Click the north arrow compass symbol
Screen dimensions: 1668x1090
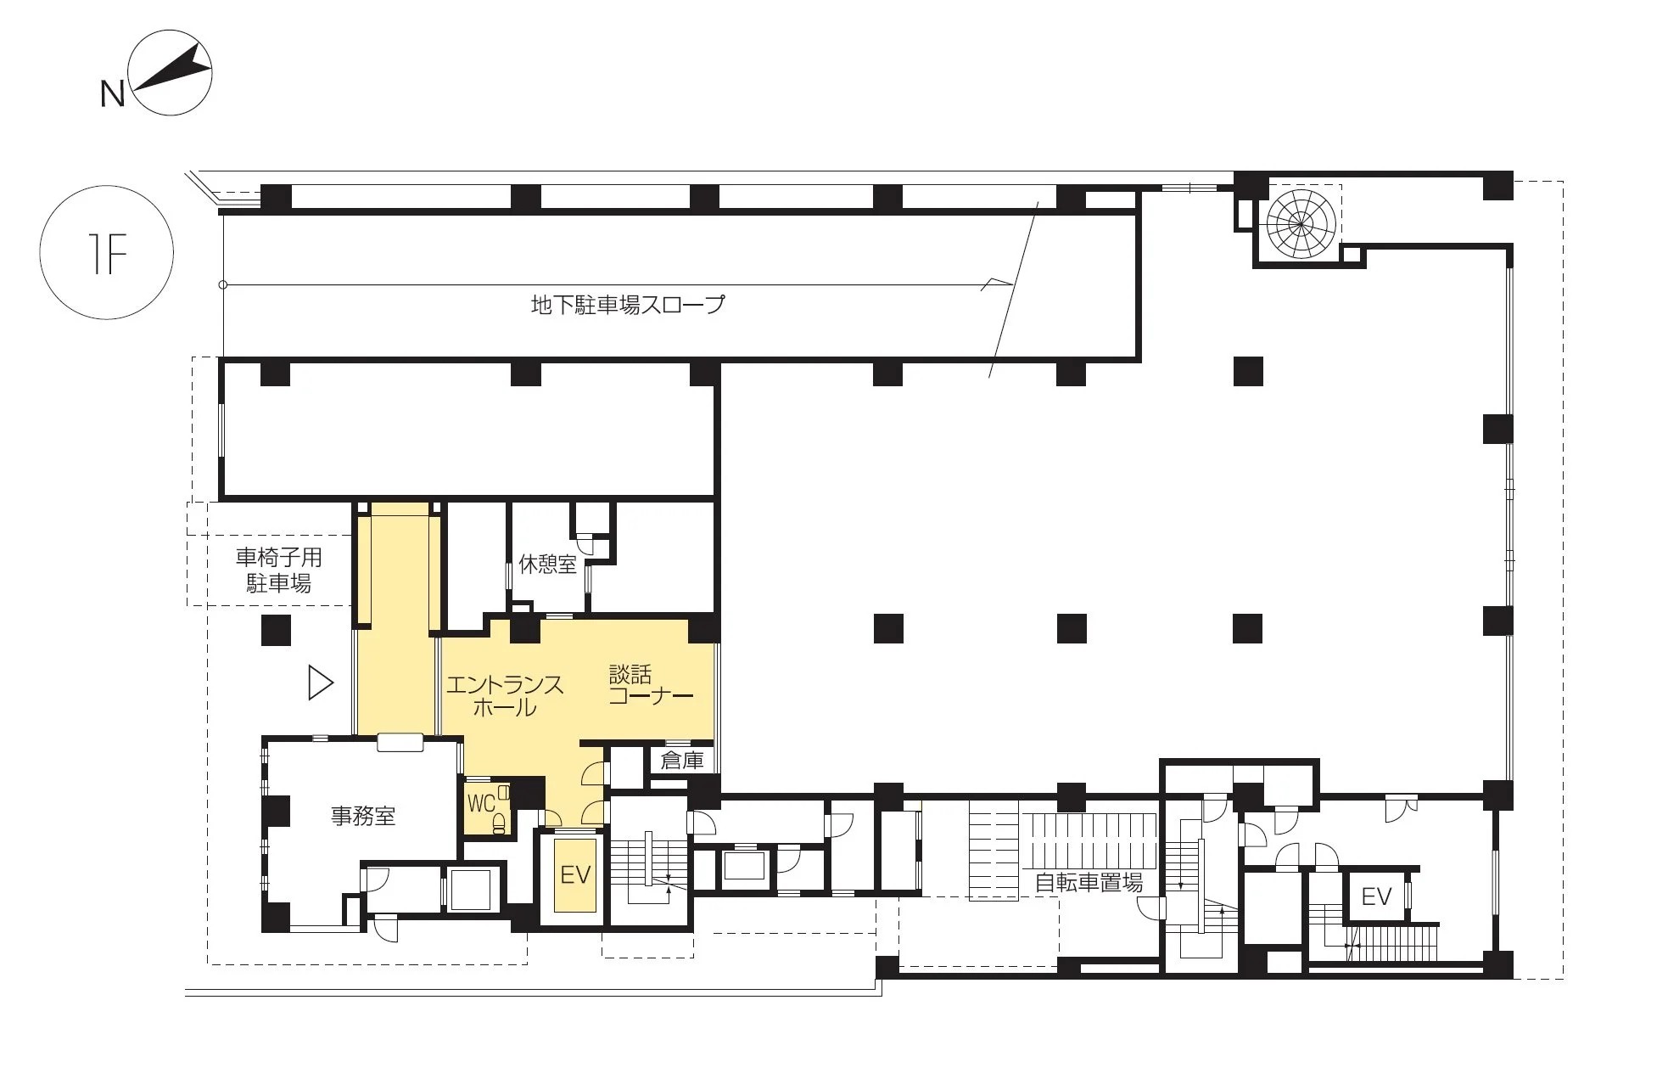(x=170, y=73)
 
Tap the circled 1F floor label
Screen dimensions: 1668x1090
(x=107, y=252)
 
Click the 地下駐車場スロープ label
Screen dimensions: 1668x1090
(x=628, y=304)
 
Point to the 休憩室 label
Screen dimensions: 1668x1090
(x=547, y=565)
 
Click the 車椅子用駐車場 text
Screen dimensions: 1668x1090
(x=278, y=570)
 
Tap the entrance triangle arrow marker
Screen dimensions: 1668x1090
(x=321, y=683)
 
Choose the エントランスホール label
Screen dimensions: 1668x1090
(x=505, y=695)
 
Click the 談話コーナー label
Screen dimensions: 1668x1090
(x=651, y=685)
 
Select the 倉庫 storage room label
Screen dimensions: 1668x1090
(x=682, y=760)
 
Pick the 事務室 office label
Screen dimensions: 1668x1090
(x=363, y=817)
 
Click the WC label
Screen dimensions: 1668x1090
(x=480, y=803)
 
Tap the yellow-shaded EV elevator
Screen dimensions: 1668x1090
(x=575, y=874)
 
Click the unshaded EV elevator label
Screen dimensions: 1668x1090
(x=1376, y=896)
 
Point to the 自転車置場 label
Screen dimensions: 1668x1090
(x=1089, y=883)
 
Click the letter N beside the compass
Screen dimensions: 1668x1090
(x=112, y=94)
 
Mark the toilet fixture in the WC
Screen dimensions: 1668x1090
(x=501, y=822)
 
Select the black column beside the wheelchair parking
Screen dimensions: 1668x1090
(x=276, y=630)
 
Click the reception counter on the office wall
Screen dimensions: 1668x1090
(x=400, y=742)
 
